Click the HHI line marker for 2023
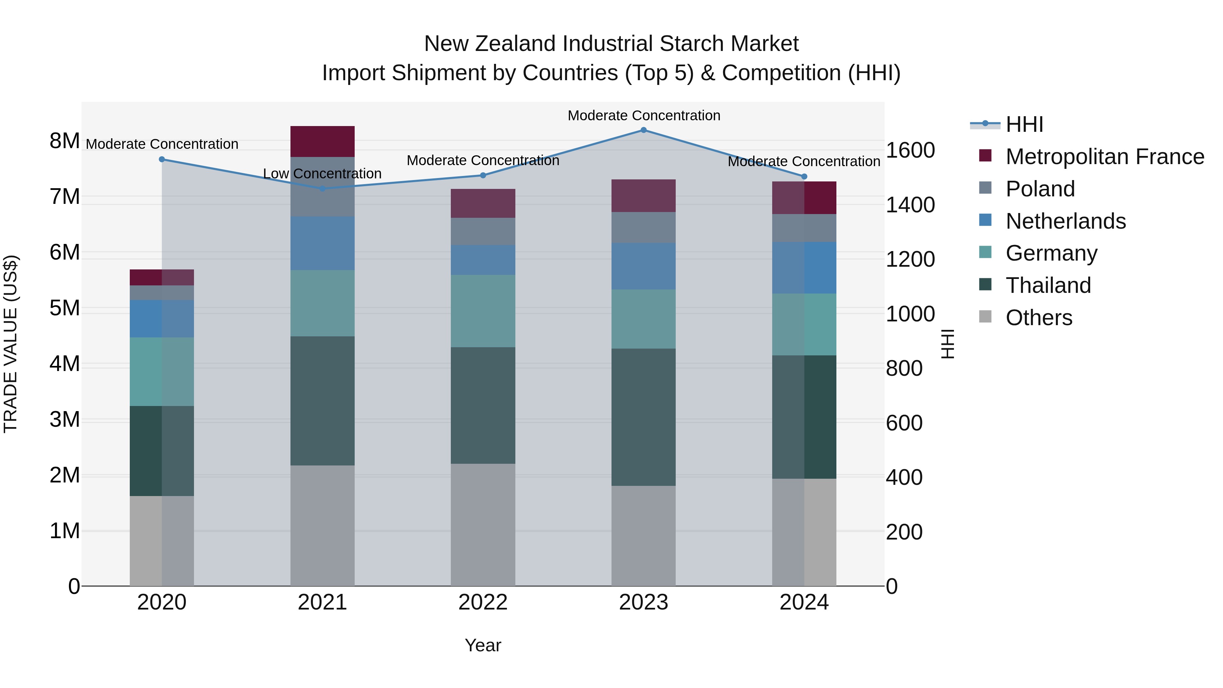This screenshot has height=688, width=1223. tap(643, 130)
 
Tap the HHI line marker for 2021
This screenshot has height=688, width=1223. tap(322, 189)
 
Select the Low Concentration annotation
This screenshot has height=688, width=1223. tap(322, 174)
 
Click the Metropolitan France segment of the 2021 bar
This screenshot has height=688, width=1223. tap(322, 141)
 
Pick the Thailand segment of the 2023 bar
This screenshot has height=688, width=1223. tap(643, 417)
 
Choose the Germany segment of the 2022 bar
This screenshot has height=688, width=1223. tap(483, 311)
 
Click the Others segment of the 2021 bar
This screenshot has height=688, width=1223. tap(322, 525)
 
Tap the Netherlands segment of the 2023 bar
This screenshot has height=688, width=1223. tap(643, 266)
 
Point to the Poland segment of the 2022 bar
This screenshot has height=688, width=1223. tap(483, 232)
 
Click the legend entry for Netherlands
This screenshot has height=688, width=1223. tap(1065, 221)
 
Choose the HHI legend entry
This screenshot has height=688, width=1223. tap(1024, 124)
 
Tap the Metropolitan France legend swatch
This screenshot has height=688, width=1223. tap(985, 156)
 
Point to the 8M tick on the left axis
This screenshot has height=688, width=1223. tap(65, 141)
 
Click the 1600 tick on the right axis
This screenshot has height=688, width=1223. tap(910, 151)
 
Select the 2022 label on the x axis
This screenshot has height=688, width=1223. tap(483, 602)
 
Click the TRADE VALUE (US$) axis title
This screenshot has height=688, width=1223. tap(11, 344)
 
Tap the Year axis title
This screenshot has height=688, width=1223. tap(483, 645)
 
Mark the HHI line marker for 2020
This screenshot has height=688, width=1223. tap(162, 160)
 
